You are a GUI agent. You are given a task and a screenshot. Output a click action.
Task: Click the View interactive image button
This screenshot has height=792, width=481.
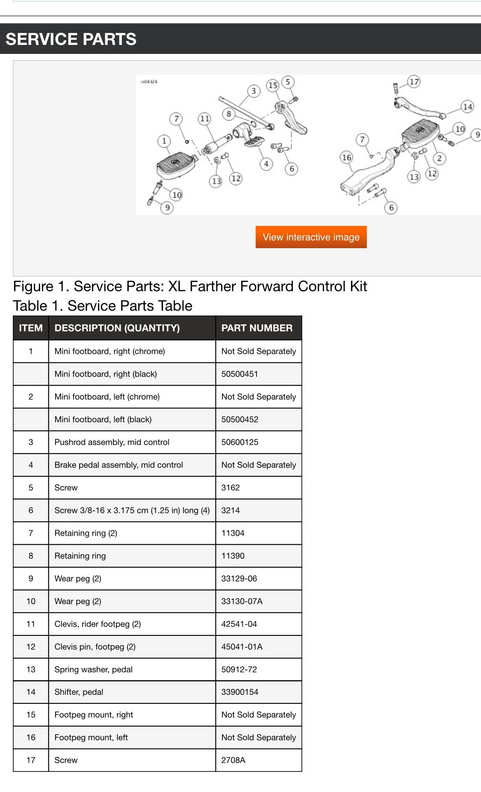[x=311, y=237]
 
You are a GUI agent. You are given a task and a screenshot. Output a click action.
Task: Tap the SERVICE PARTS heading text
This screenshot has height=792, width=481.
[x=71, y=39]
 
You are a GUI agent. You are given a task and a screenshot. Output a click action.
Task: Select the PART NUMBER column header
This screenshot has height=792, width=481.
[x=257, y=328]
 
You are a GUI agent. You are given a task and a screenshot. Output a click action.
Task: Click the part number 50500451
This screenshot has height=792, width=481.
[x=239, y=374]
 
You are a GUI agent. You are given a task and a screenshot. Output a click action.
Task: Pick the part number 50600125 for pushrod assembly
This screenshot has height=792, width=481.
[x=239, y=442]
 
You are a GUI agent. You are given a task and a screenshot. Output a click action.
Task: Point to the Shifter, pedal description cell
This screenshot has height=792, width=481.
[x=79, y=692]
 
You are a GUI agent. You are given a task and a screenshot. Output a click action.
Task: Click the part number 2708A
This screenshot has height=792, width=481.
[x=233, y=760]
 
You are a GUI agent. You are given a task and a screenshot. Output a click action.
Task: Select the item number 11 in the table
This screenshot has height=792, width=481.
[x=31, y=624]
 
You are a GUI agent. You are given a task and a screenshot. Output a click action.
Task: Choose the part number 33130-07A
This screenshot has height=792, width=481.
[x=242, y=601]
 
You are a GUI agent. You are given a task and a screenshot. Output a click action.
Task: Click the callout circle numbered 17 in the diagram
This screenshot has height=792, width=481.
[x=414, y=81]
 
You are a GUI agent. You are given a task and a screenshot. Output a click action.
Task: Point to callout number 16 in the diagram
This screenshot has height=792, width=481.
[x=346, y=157]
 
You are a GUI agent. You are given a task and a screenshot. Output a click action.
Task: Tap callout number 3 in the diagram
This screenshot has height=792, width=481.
[x=254, y=91]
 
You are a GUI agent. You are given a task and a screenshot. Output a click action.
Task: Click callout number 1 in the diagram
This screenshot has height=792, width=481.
[x=164, y=141]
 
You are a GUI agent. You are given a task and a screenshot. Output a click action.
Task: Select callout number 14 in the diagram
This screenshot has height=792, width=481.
[x=467, y=107]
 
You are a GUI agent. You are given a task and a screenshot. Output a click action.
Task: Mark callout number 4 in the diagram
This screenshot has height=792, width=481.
[x=266, y=164]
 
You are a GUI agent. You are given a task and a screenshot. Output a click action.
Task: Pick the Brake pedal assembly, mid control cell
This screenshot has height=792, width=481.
[x=118, y=465]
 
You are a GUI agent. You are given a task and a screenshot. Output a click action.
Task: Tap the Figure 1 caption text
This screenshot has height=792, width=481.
[x=190, y=286]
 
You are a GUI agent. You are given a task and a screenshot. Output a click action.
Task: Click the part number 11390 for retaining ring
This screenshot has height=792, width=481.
[x=233, y=556]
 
